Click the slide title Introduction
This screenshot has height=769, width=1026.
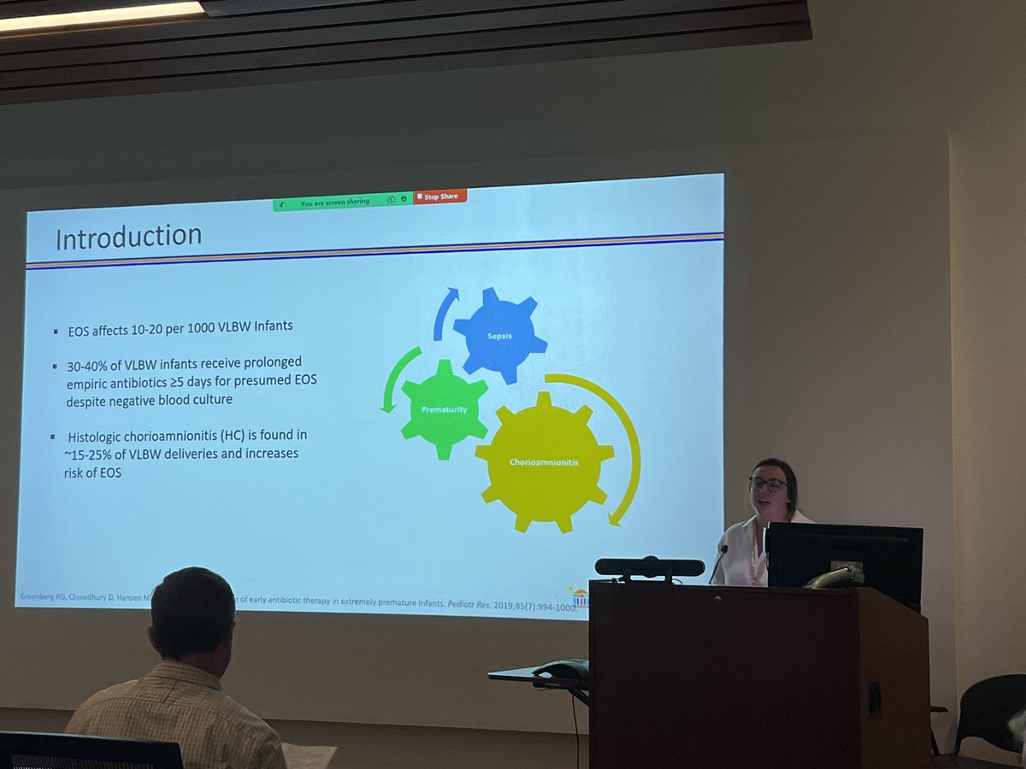[129, 237]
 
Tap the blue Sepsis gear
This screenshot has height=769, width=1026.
[500, 335]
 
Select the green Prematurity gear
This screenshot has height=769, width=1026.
[444, 409]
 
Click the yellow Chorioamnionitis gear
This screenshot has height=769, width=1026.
[545, 462]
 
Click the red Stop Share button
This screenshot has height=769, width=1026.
[441, 197]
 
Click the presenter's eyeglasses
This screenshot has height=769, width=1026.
[768, 484]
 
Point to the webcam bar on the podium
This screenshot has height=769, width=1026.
[650, 566]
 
